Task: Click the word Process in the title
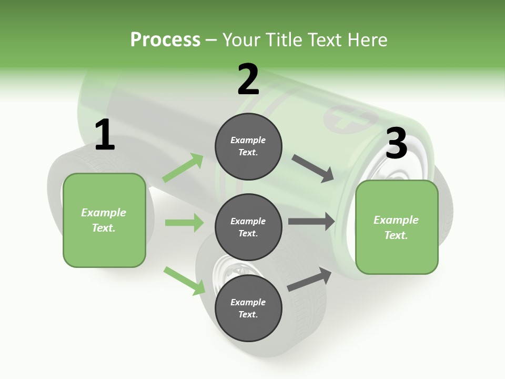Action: coord(165,40)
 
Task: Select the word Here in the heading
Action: coord(367,39)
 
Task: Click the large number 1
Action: coord(105,134)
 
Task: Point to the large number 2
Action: coord(248,79)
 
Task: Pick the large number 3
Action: coord(397,143)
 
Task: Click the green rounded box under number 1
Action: coord(104,221)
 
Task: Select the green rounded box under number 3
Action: coord(397,227)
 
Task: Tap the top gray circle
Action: coord(248,146)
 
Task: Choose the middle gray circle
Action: coord(248,227)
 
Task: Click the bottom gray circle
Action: coord(248,308)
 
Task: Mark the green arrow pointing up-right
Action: coord(183,168)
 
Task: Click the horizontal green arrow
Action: coord(185,222)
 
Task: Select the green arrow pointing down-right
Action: coord(185,281)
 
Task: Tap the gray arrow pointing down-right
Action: coord(312,168)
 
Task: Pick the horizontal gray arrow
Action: coord(311,222)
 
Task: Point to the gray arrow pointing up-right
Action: coord(309,279)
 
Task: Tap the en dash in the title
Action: coord(211,41)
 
